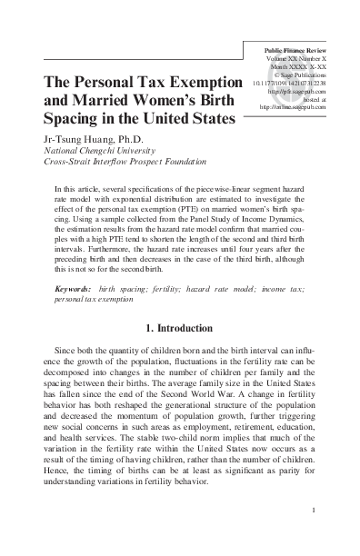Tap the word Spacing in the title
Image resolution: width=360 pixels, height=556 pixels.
(67, 118)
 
